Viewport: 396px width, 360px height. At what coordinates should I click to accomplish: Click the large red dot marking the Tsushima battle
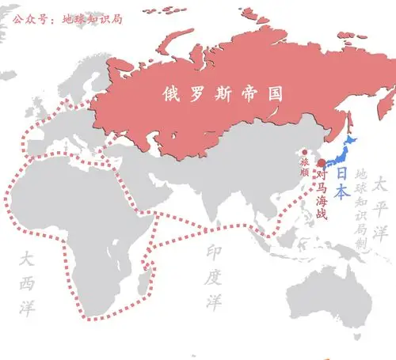point(321,163)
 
